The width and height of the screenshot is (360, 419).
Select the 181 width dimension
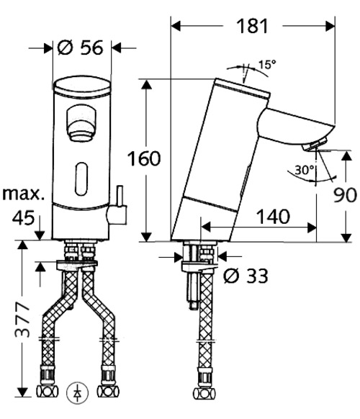pos(253,27)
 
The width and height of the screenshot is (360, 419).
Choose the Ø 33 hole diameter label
pos(245,275)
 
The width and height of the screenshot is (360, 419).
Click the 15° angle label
pos(267,65)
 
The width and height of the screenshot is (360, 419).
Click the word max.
pos(24,194)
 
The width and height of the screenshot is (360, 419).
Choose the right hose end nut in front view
pos(109,393)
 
